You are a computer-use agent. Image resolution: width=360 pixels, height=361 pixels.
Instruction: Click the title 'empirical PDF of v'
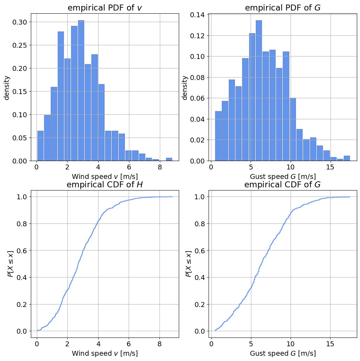pos(105,8)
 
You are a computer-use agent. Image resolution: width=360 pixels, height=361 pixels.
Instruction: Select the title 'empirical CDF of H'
pos(105,185)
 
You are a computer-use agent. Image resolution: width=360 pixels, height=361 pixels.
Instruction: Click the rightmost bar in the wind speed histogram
pos(169,159)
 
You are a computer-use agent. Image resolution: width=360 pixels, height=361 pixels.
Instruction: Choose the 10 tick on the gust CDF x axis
pos(291,344)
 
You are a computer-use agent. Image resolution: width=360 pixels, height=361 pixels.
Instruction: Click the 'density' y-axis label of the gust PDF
pos(185,87)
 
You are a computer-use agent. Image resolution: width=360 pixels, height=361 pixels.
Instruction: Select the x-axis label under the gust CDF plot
pos(283,353)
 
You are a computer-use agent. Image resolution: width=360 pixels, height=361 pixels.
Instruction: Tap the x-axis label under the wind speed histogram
pos(105,176)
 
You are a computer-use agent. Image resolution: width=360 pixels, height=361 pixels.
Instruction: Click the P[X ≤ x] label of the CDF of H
pos(10,264)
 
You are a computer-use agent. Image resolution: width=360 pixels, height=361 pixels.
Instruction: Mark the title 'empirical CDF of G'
pos(283,185)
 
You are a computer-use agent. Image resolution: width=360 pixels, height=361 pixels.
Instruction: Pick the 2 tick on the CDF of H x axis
pos(68,344)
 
